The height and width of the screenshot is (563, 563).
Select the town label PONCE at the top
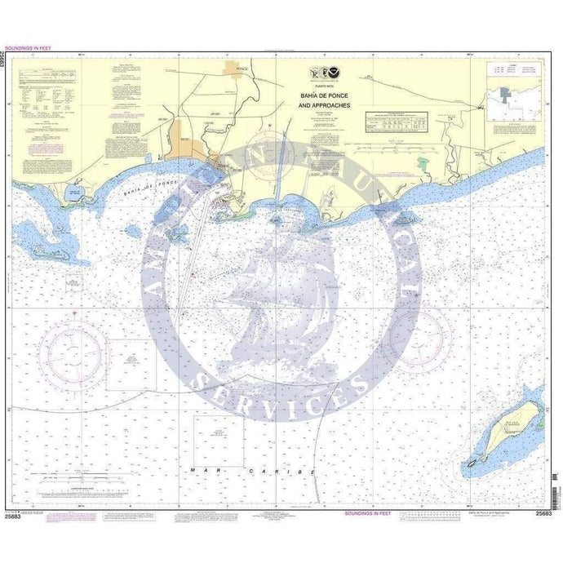tap(241, 70)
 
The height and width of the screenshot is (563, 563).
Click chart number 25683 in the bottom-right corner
tap(543, 513)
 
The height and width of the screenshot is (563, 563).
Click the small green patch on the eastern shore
tap(421, 162)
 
